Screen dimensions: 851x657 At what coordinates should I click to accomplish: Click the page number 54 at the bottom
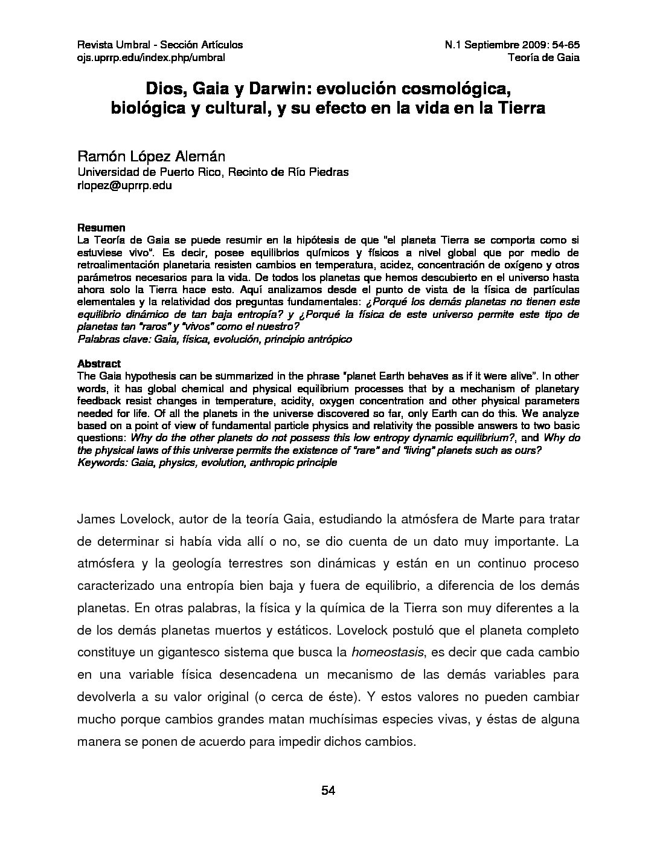[x=328, y=791]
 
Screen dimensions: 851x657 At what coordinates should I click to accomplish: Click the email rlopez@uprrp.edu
[x=124, y=186]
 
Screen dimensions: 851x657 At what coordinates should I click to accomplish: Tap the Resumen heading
[x=101, y=228]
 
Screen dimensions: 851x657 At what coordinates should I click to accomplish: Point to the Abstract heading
[x=99, y=364]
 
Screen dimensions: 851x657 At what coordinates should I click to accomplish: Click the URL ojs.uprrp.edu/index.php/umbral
[x=151, y=57]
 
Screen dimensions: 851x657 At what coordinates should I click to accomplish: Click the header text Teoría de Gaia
[x=544, y=57]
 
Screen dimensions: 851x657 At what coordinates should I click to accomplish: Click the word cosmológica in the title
[x=447, y=89]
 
